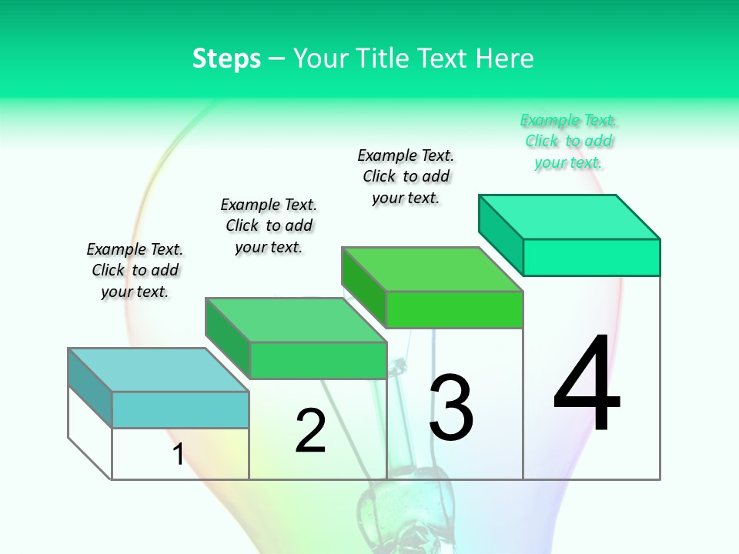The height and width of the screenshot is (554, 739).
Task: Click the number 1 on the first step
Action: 179,455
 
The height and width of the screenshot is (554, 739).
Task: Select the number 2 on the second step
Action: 310,431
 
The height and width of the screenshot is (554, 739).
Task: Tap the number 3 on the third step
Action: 451,408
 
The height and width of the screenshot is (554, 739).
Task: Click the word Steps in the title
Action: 226,58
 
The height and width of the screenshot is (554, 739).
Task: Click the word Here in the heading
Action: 505,58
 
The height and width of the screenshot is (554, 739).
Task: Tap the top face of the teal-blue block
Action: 159,369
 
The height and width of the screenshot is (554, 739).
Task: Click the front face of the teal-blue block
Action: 180,410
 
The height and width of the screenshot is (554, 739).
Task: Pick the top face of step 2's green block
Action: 296,319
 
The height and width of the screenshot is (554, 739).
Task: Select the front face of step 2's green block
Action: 317,360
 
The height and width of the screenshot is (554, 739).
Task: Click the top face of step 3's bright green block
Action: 433,269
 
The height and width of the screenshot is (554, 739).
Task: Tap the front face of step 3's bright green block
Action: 454,309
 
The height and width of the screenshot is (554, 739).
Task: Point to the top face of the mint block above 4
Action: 570,217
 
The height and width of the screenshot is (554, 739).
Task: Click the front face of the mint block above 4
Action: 591,257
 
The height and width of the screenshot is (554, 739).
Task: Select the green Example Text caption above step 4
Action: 568,142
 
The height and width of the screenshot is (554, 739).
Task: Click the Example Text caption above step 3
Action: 406,176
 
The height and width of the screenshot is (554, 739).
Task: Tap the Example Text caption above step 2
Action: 269,225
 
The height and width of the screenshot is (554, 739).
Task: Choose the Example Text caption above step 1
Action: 135,270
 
